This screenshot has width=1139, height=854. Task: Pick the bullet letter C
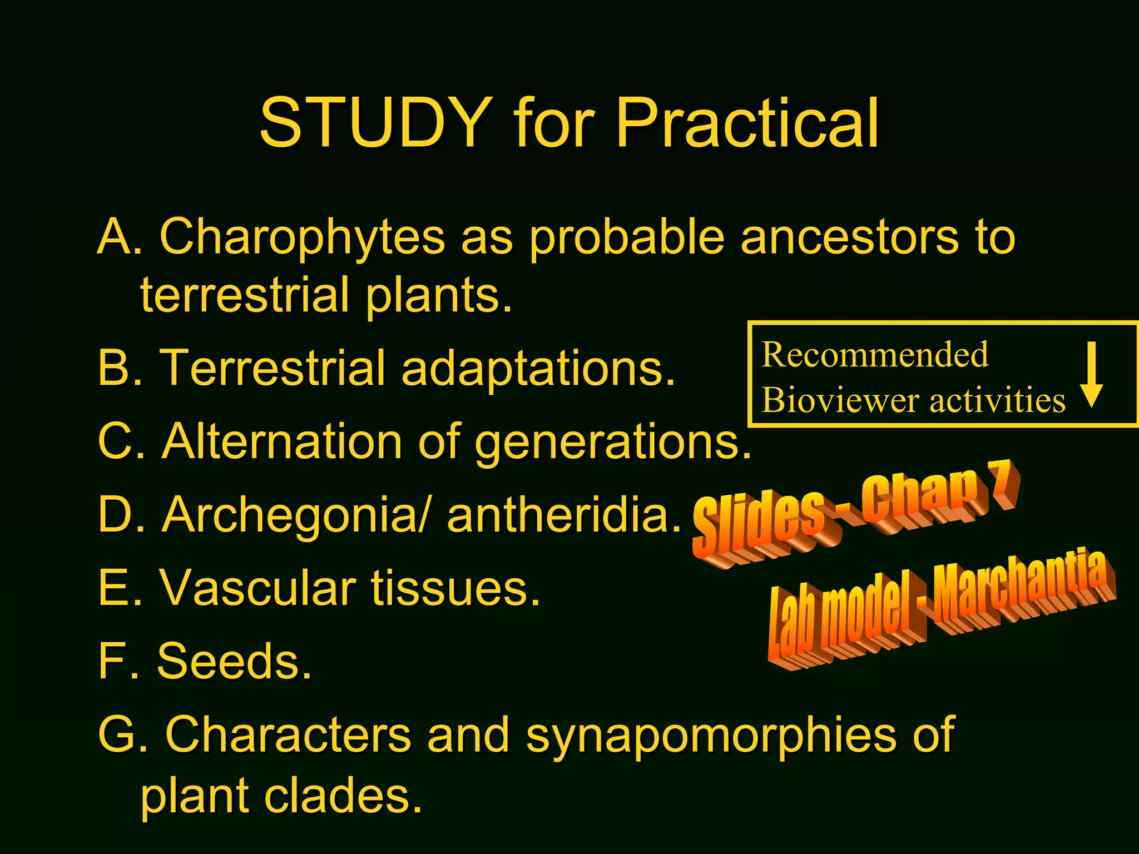pos(115,441)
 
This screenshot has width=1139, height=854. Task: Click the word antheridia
pos(563,514)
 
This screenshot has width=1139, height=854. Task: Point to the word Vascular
pos(257,588)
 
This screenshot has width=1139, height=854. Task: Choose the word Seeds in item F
pos(234,661)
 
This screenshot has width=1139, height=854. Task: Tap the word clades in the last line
pos(342,795)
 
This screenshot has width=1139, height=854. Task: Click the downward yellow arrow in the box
pos(1092,375)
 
